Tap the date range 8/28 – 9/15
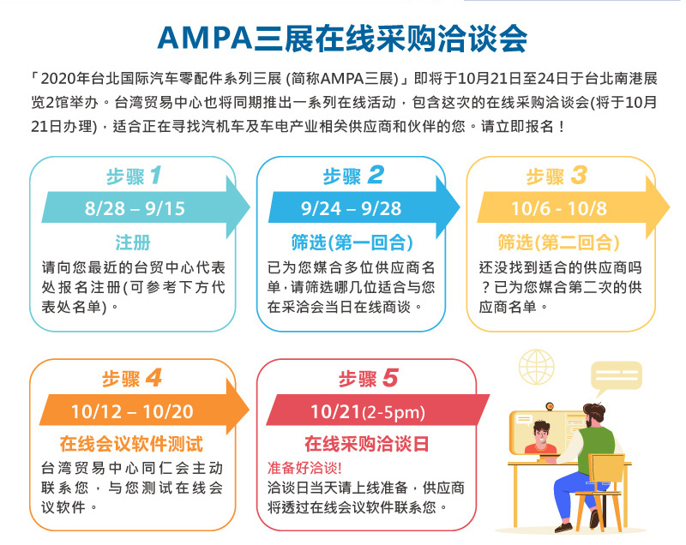(135, 209)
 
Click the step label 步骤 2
(352, 177)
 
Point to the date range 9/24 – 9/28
(352, 209)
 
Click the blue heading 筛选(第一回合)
(352, 242)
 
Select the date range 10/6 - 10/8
(558, 209)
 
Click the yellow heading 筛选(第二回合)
(558, 242)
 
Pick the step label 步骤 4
(131, 378)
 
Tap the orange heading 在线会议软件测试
(131, 444)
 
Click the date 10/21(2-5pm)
(367, 411)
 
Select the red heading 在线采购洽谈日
(367, 444)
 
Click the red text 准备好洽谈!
(304, 468)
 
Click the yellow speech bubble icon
(615, 377)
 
